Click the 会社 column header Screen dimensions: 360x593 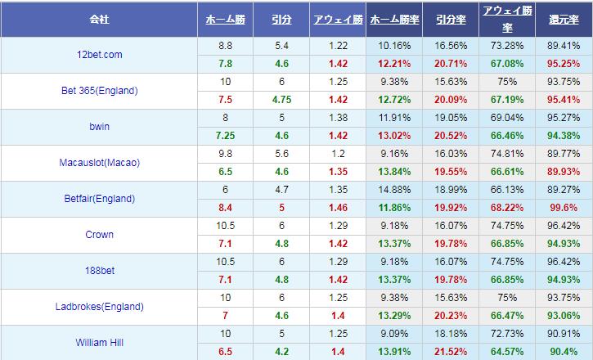(x=100, y=17)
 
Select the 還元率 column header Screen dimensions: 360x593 (x=564, y=17)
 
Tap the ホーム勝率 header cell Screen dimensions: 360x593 (x=394, y=17)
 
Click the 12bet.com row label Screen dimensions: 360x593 (x=99, y=55)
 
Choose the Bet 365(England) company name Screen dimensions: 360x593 (x=99, y=91)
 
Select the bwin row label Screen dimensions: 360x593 (x=99, y=127)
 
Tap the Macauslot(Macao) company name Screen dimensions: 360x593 (x=99, y=163)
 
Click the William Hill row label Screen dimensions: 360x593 (x=99, y=343)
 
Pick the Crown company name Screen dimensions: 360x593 (x=99, y=235)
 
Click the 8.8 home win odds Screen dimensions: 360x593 (x=226, y=46)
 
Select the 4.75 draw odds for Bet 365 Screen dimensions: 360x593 (x=281, y=100)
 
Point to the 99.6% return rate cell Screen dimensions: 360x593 (x=564, y=208)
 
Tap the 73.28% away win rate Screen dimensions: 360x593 (x=506, y=46)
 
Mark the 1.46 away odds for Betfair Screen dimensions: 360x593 (x=336, y=208)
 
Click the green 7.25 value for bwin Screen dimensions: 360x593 (x=226, y=136)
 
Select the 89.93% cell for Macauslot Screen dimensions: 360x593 (x=564, y=172)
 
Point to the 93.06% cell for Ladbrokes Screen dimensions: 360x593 (x=564, y=316)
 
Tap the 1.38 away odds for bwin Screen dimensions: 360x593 (x=336, y=118)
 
